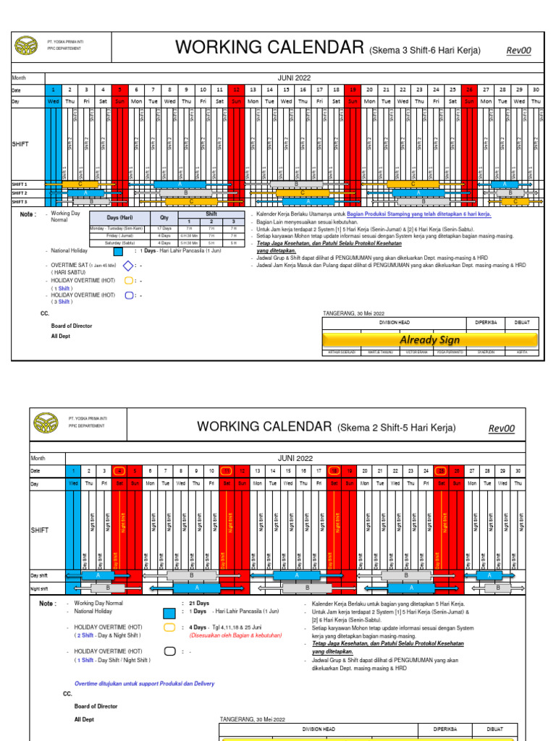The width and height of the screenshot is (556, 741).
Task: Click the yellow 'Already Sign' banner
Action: click(430, 340)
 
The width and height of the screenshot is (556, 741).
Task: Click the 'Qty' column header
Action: click(164, 218)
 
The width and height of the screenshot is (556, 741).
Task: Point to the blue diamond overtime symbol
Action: click(129, 266)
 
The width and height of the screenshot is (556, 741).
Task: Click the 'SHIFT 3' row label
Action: click(20, 202)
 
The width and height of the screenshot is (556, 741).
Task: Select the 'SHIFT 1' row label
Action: click(20, 185)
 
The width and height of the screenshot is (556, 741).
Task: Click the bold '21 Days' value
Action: click(198, 603)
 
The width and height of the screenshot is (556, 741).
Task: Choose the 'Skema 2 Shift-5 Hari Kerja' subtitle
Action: click(397, 428)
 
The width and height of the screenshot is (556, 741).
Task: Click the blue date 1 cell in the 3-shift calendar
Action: click(53, 90)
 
